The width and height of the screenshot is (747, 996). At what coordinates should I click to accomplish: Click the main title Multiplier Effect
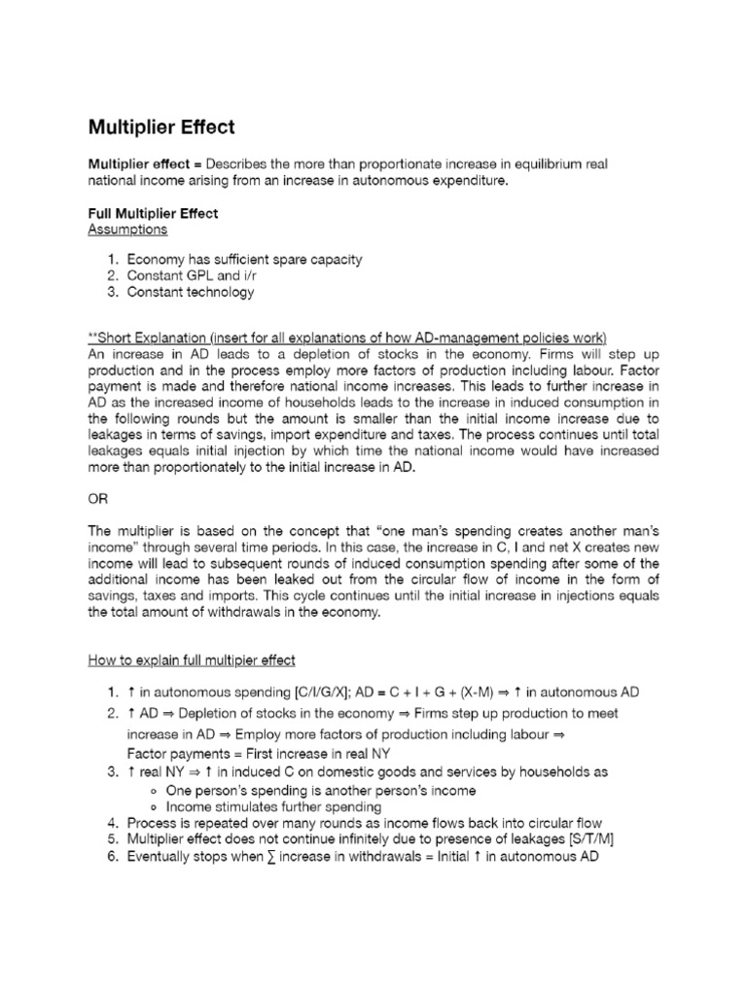161,127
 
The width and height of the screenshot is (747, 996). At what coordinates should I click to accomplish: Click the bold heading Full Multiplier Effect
153,213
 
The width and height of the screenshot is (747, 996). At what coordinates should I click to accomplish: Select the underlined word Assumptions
127,230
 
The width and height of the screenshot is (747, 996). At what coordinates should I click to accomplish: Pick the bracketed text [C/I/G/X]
276,692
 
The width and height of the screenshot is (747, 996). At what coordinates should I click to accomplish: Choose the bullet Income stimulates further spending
274,806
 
